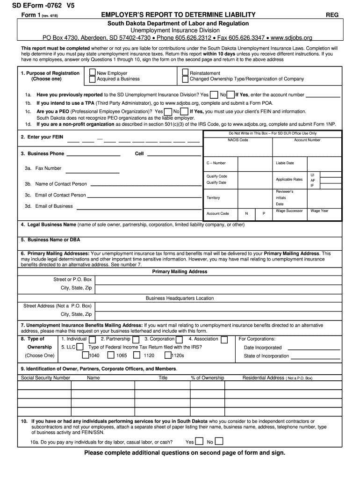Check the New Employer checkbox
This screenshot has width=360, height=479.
tap(93, 73)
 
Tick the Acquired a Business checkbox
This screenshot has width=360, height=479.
tap(93, 79)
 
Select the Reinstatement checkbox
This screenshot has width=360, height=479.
tap(186, 73)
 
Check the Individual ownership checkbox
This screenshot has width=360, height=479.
tap(93, 340)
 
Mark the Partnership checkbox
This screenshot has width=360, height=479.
tap(136, 340)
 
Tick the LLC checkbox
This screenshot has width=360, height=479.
tap(80, 347)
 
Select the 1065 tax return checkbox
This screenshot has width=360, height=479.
tap(111, 355)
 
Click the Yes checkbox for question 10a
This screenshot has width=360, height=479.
tap(199, 441)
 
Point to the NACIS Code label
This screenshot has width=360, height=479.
tap(238, 140)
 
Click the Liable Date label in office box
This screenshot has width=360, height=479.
tap(285, 163)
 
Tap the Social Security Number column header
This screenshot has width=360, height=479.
tap(45, 378)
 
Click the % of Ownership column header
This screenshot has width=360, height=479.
tap(207, 378)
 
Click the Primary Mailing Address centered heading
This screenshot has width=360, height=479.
tap(180, 271)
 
